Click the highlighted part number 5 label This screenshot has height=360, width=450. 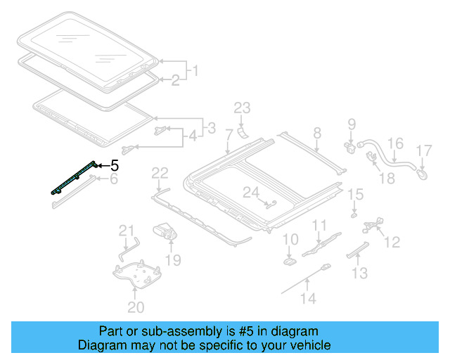coord(115,166)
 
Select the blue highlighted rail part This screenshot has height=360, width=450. coord(74,178)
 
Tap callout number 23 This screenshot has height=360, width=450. coord(242,108)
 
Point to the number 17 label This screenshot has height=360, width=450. coord(424,150)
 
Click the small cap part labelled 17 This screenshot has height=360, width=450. coord(422,174)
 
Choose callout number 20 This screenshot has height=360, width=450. coord(136,307)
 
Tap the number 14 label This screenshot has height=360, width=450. coord(309,298)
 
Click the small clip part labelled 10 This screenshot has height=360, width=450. coord(290,262)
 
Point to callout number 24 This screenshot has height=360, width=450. coord(251,193)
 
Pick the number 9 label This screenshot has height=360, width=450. coord(352,124)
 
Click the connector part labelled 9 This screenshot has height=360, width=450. coord(350,147)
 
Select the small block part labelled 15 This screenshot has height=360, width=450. coord(354,214)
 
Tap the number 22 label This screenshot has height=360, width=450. coord(160,174)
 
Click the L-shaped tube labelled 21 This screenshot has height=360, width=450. coord(128,249)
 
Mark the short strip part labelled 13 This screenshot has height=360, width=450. coord(358,250)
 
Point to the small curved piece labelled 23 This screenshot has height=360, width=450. coord(243,133)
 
